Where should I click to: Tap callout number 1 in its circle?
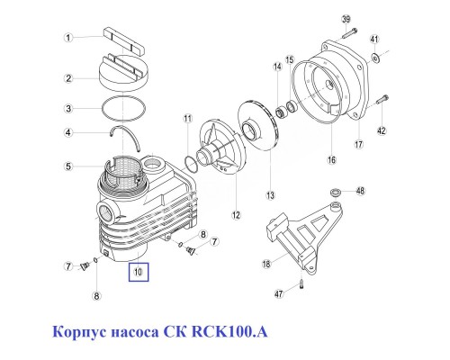pos(67,38)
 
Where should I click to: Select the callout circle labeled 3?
pos(67,109)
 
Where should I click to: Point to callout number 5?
pos(67,166)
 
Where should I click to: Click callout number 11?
pos(187,119)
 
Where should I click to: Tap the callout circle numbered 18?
pos(265,264)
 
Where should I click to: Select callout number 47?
pos(280,294)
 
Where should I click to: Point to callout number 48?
pos(360,191)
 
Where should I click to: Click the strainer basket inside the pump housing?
pos(126,170)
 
